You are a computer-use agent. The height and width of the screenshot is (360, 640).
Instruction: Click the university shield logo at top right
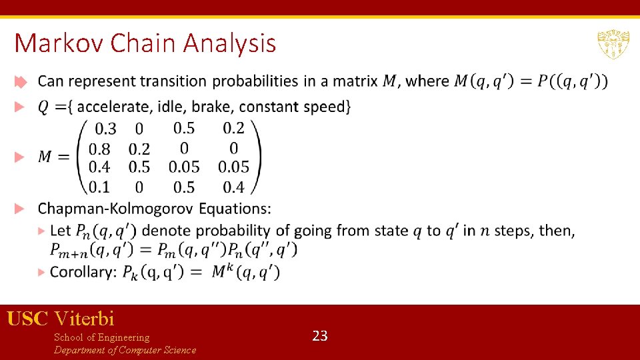tap(613, 45)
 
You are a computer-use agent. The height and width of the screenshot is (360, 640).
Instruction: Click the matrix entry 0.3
tap(105, 129)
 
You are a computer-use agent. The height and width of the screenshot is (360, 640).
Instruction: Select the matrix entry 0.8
tap(99, 148)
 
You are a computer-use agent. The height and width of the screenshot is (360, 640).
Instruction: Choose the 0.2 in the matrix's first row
tap(233, 128)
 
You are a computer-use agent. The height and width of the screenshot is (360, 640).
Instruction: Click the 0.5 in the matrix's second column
tap(139, 167)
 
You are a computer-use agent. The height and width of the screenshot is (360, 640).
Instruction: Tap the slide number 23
tap(320, 336)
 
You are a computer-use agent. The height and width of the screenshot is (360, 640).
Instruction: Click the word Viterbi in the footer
tap(85, 319)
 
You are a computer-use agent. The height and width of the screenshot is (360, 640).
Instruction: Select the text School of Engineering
tap(101, 337)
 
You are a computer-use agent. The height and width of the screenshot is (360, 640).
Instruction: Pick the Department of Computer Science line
tap(125, 350)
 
